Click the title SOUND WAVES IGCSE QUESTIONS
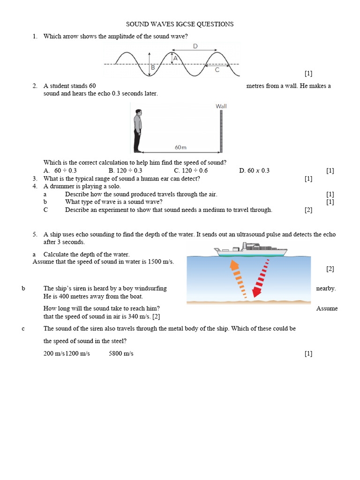[180, 24]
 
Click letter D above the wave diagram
[195, 46]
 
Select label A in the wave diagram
[175, 59]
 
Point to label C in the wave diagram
[217, 70]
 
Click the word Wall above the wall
[221, 106]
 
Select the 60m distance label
[180, 147]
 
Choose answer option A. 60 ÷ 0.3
[60, 171]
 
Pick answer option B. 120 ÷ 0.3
[125, 171]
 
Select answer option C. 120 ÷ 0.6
[191, 171]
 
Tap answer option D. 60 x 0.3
[254, 171]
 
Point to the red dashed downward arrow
[261, 278]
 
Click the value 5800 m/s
[121, 353]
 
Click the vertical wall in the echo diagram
[221, 131]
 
